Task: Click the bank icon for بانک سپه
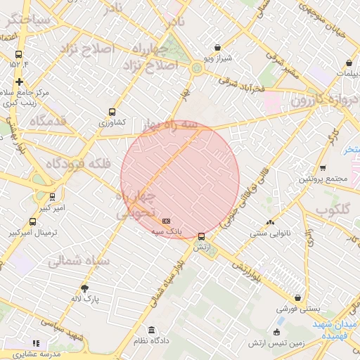(x=167, y=220)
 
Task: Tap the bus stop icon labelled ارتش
(x=202, y=236)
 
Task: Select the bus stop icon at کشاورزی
(x=112, y=112)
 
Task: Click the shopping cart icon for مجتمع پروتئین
(x=323, y=167)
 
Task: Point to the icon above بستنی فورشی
(x=298, y=298)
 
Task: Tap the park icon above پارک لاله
(x=85, y=288)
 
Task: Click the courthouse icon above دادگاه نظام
(x=151, y=330)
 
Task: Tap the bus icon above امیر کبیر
(x=52, y=198)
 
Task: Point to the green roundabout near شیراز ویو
(x=196, y=67)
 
